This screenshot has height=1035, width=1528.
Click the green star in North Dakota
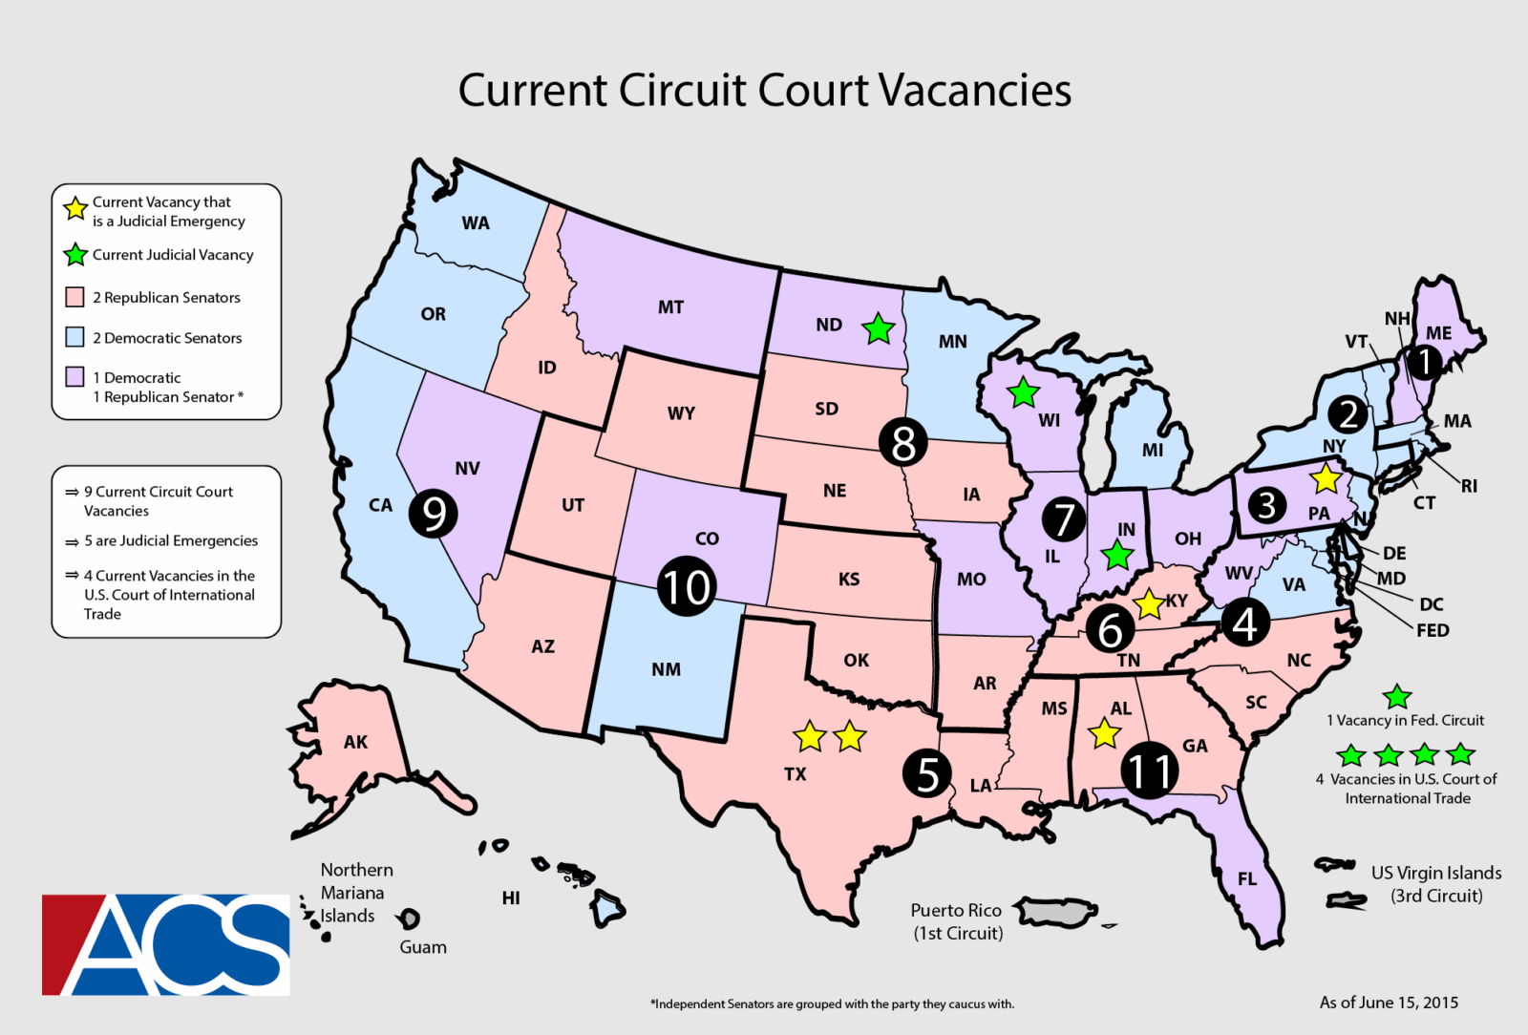click(x=878, y=329)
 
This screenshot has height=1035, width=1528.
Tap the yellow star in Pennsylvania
click(x=1326, y=478)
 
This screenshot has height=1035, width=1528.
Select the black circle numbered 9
click(x=434, y=514)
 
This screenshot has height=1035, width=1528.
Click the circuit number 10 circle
click(x=686, y=586)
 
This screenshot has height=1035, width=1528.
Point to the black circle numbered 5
click(x=927, y=773)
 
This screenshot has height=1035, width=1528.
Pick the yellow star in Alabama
click(x=1104, y=734)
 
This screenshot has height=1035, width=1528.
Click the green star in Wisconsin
click(x=1023, y=391)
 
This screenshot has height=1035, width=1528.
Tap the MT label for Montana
click(x=670, y=307)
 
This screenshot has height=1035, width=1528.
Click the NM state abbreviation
click(x=667, y=669)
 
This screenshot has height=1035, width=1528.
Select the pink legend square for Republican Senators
click(x=74, y=297)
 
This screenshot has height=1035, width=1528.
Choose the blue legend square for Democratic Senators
click(x=74, y=337)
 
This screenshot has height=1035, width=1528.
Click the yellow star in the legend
click(x=75, y=208)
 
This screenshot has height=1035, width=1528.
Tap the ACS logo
click(x=166, y=944)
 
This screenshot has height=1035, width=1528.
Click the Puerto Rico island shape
click(x=1054, y=911)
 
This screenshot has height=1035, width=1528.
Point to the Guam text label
click(x=423, y=947)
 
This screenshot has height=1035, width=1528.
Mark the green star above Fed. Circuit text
click(x=1397, y=697)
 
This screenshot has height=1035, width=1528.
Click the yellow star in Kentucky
click(x=1149, y=603)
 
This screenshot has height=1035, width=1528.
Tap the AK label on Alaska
click(x=355, y=742)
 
